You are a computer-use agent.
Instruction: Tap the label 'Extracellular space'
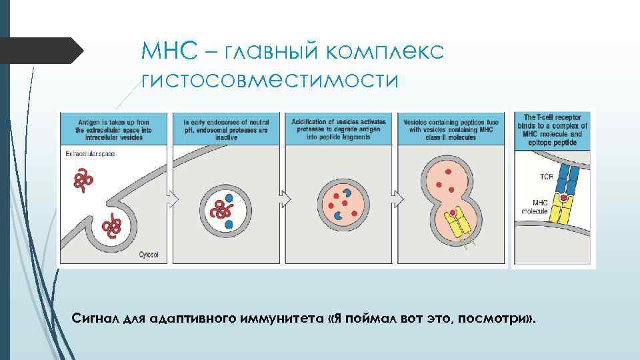(91, 154)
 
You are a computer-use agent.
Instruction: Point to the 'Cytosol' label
(148, 254)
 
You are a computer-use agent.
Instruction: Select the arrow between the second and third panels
(286, 199)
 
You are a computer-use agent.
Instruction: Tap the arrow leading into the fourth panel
(397, 199)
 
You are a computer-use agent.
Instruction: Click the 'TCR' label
(545, 178)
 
